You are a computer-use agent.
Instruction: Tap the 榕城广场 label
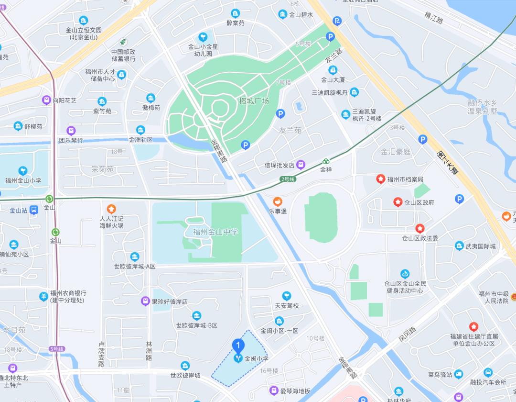click(254, 101)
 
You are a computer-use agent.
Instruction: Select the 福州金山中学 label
click(215, 232)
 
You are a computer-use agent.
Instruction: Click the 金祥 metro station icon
click(326, 162)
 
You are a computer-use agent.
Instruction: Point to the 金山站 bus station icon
click(34, 210)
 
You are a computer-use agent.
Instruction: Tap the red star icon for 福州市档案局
click(380, 179)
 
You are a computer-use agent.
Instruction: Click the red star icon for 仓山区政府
click(398, 202)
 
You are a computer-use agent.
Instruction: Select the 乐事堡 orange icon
click(278, 202)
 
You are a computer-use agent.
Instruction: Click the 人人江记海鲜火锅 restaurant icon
click(111, 209)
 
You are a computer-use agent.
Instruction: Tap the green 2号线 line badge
click(288, 179)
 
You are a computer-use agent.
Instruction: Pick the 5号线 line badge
click(56, 349)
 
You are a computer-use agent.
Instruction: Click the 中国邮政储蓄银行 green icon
click(124, 42)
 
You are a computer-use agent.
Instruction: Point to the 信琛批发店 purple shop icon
click(301, 165)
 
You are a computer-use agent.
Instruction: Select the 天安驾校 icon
click(286, 296)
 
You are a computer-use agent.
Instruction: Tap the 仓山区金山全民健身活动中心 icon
click(404, 274)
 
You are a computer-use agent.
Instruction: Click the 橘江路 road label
click(434, 21)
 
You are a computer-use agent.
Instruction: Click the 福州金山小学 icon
click(23, 171)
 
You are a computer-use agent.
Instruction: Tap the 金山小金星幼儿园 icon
click(203, 37)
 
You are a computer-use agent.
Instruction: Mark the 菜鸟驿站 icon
click(459, 374)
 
